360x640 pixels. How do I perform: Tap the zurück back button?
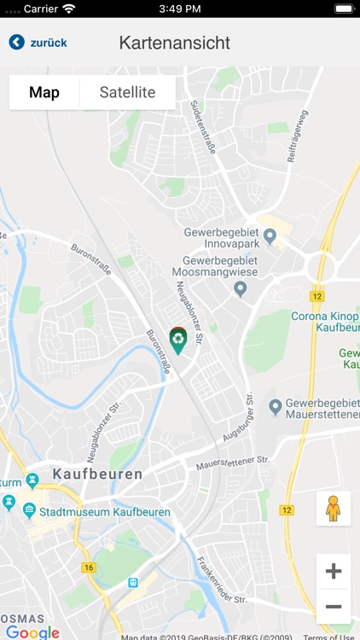38,43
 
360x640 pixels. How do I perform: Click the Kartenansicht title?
175,43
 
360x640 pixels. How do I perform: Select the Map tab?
44,92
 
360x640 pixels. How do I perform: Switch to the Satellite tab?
127,92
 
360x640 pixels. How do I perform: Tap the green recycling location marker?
177,340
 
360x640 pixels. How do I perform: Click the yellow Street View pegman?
333,508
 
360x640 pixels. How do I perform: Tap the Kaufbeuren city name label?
98,473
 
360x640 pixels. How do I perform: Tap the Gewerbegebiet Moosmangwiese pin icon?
240,289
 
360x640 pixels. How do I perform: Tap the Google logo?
32,632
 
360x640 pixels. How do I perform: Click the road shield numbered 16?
89,567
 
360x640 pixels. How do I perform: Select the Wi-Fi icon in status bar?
69,9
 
